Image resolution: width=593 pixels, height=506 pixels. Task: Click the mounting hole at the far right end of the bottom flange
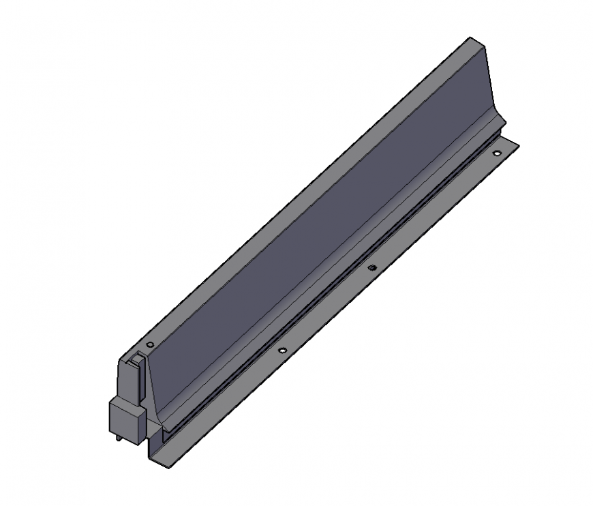[x=497, y=153]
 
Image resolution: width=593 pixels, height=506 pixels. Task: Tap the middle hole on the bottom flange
[x=371, y=267]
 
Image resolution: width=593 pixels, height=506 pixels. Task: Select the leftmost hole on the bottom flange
[x=282, y=351]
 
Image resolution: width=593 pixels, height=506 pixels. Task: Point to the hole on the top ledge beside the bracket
[x=151, y=344]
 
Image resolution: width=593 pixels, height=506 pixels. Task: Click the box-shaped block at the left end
[x=127, y=417]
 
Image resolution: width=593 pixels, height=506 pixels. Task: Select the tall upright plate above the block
[x=130, y=378]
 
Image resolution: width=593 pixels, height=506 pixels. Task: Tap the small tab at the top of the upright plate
[x=137, y=355]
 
